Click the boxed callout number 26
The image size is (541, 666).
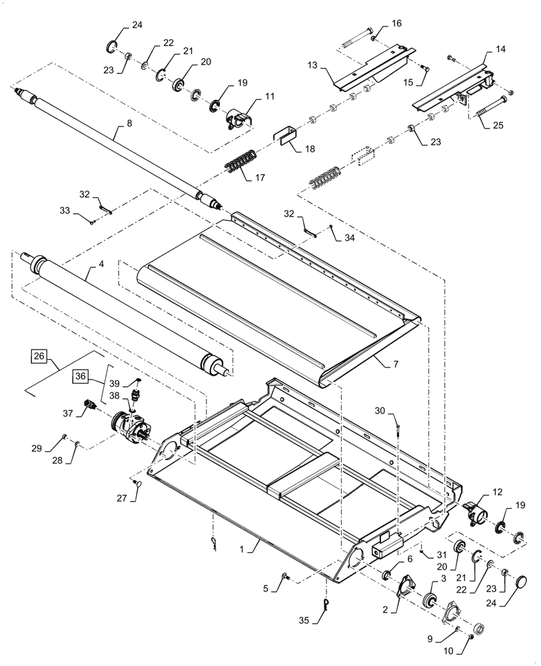point(38,356)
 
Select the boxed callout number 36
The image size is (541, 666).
point(81,376)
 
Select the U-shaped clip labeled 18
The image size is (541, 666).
point(285,139)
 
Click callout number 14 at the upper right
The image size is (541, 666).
point(500,50)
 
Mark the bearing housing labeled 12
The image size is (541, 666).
point(474,514)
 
